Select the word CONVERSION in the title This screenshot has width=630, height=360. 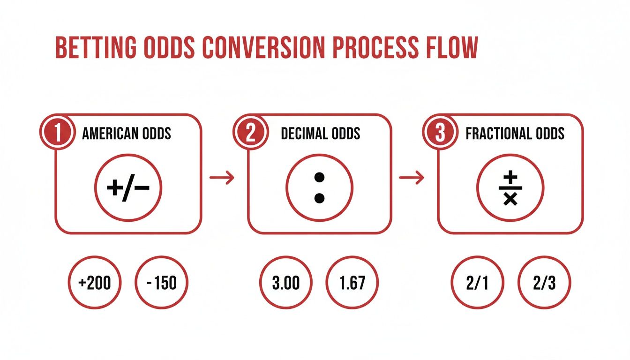click(x=262, y=48)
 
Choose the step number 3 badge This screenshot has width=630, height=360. click(x=440, y=133)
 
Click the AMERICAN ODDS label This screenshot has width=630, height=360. click(x=127, y=134)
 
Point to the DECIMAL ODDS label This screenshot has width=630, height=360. click(x=321, y=134)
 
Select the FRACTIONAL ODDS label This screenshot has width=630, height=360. click(x=515, y=134)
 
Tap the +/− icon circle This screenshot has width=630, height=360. click(x=128, y=188)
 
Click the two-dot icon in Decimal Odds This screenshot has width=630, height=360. click(x=320, y=188)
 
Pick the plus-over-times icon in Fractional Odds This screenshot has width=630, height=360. click(x=510, y=188)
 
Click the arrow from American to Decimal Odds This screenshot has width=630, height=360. click(x=221, y=178)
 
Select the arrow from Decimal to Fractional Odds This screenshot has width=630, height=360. click(x=411, y=178)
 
